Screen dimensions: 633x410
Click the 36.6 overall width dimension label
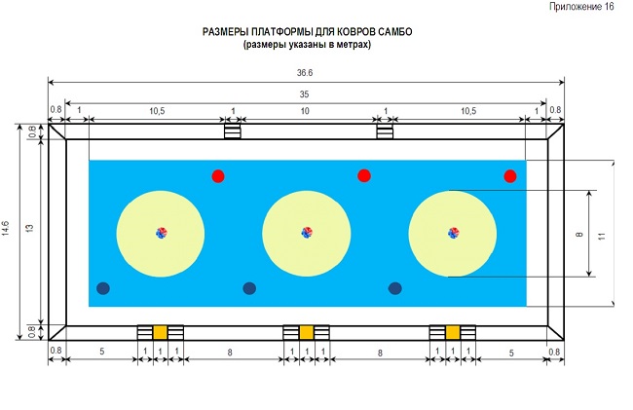click(305, 73)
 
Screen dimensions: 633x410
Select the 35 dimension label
click(305, 94)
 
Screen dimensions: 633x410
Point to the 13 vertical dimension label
click(29, 228)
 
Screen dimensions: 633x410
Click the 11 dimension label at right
click(602, 236)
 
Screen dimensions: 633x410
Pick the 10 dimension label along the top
click(305, 111)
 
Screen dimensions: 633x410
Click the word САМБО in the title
click(395, 32)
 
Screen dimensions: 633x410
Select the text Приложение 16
click(581, 7)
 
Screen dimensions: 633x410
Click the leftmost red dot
click(218, 176)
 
